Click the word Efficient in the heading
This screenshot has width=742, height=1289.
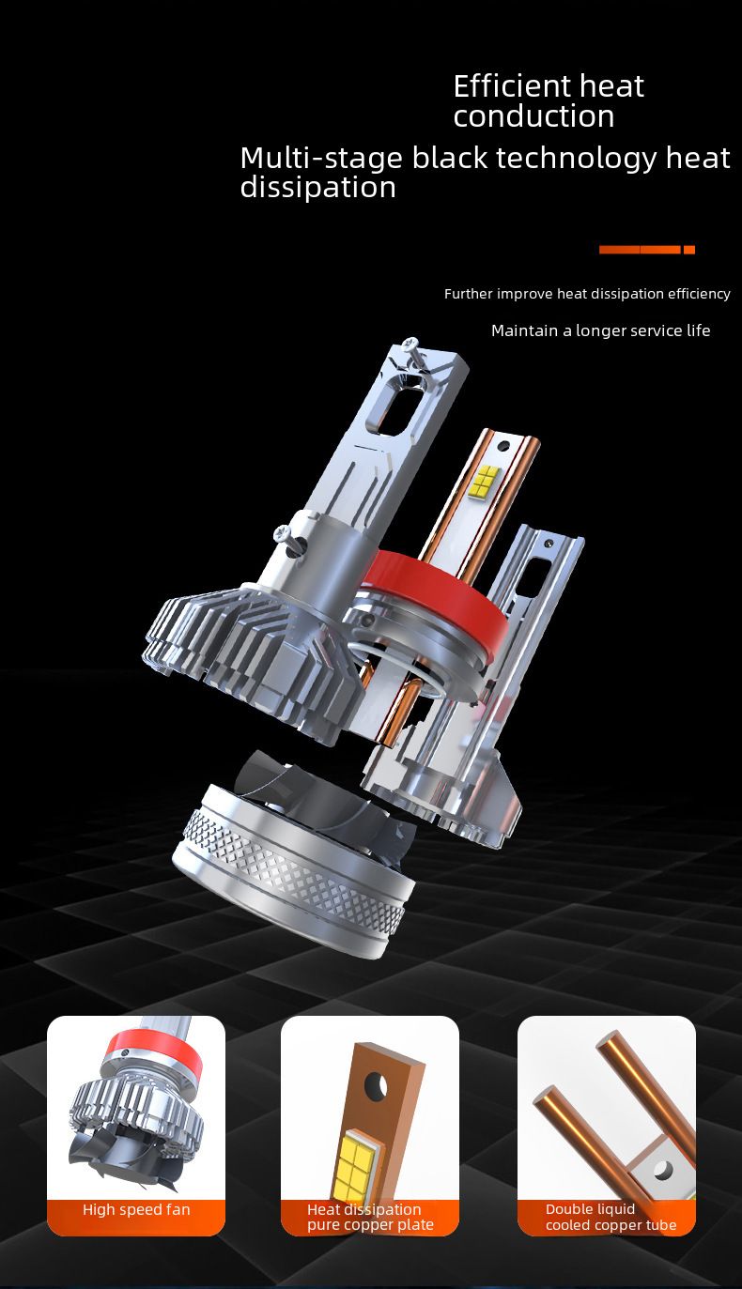pos(512,86)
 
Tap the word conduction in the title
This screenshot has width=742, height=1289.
pos(533,116)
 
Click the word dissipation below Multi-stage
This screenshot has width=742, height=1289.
pos(317,188)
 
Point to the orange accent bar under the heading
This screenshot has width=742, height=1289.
pos(647,249)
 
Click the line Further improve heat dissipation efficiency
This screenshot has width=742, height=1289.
pos(587,294)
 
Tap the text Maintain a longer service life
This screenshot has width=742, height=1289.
pos(600,330)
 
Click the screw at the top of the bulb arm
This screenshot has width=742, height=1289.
pos(412,352)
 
